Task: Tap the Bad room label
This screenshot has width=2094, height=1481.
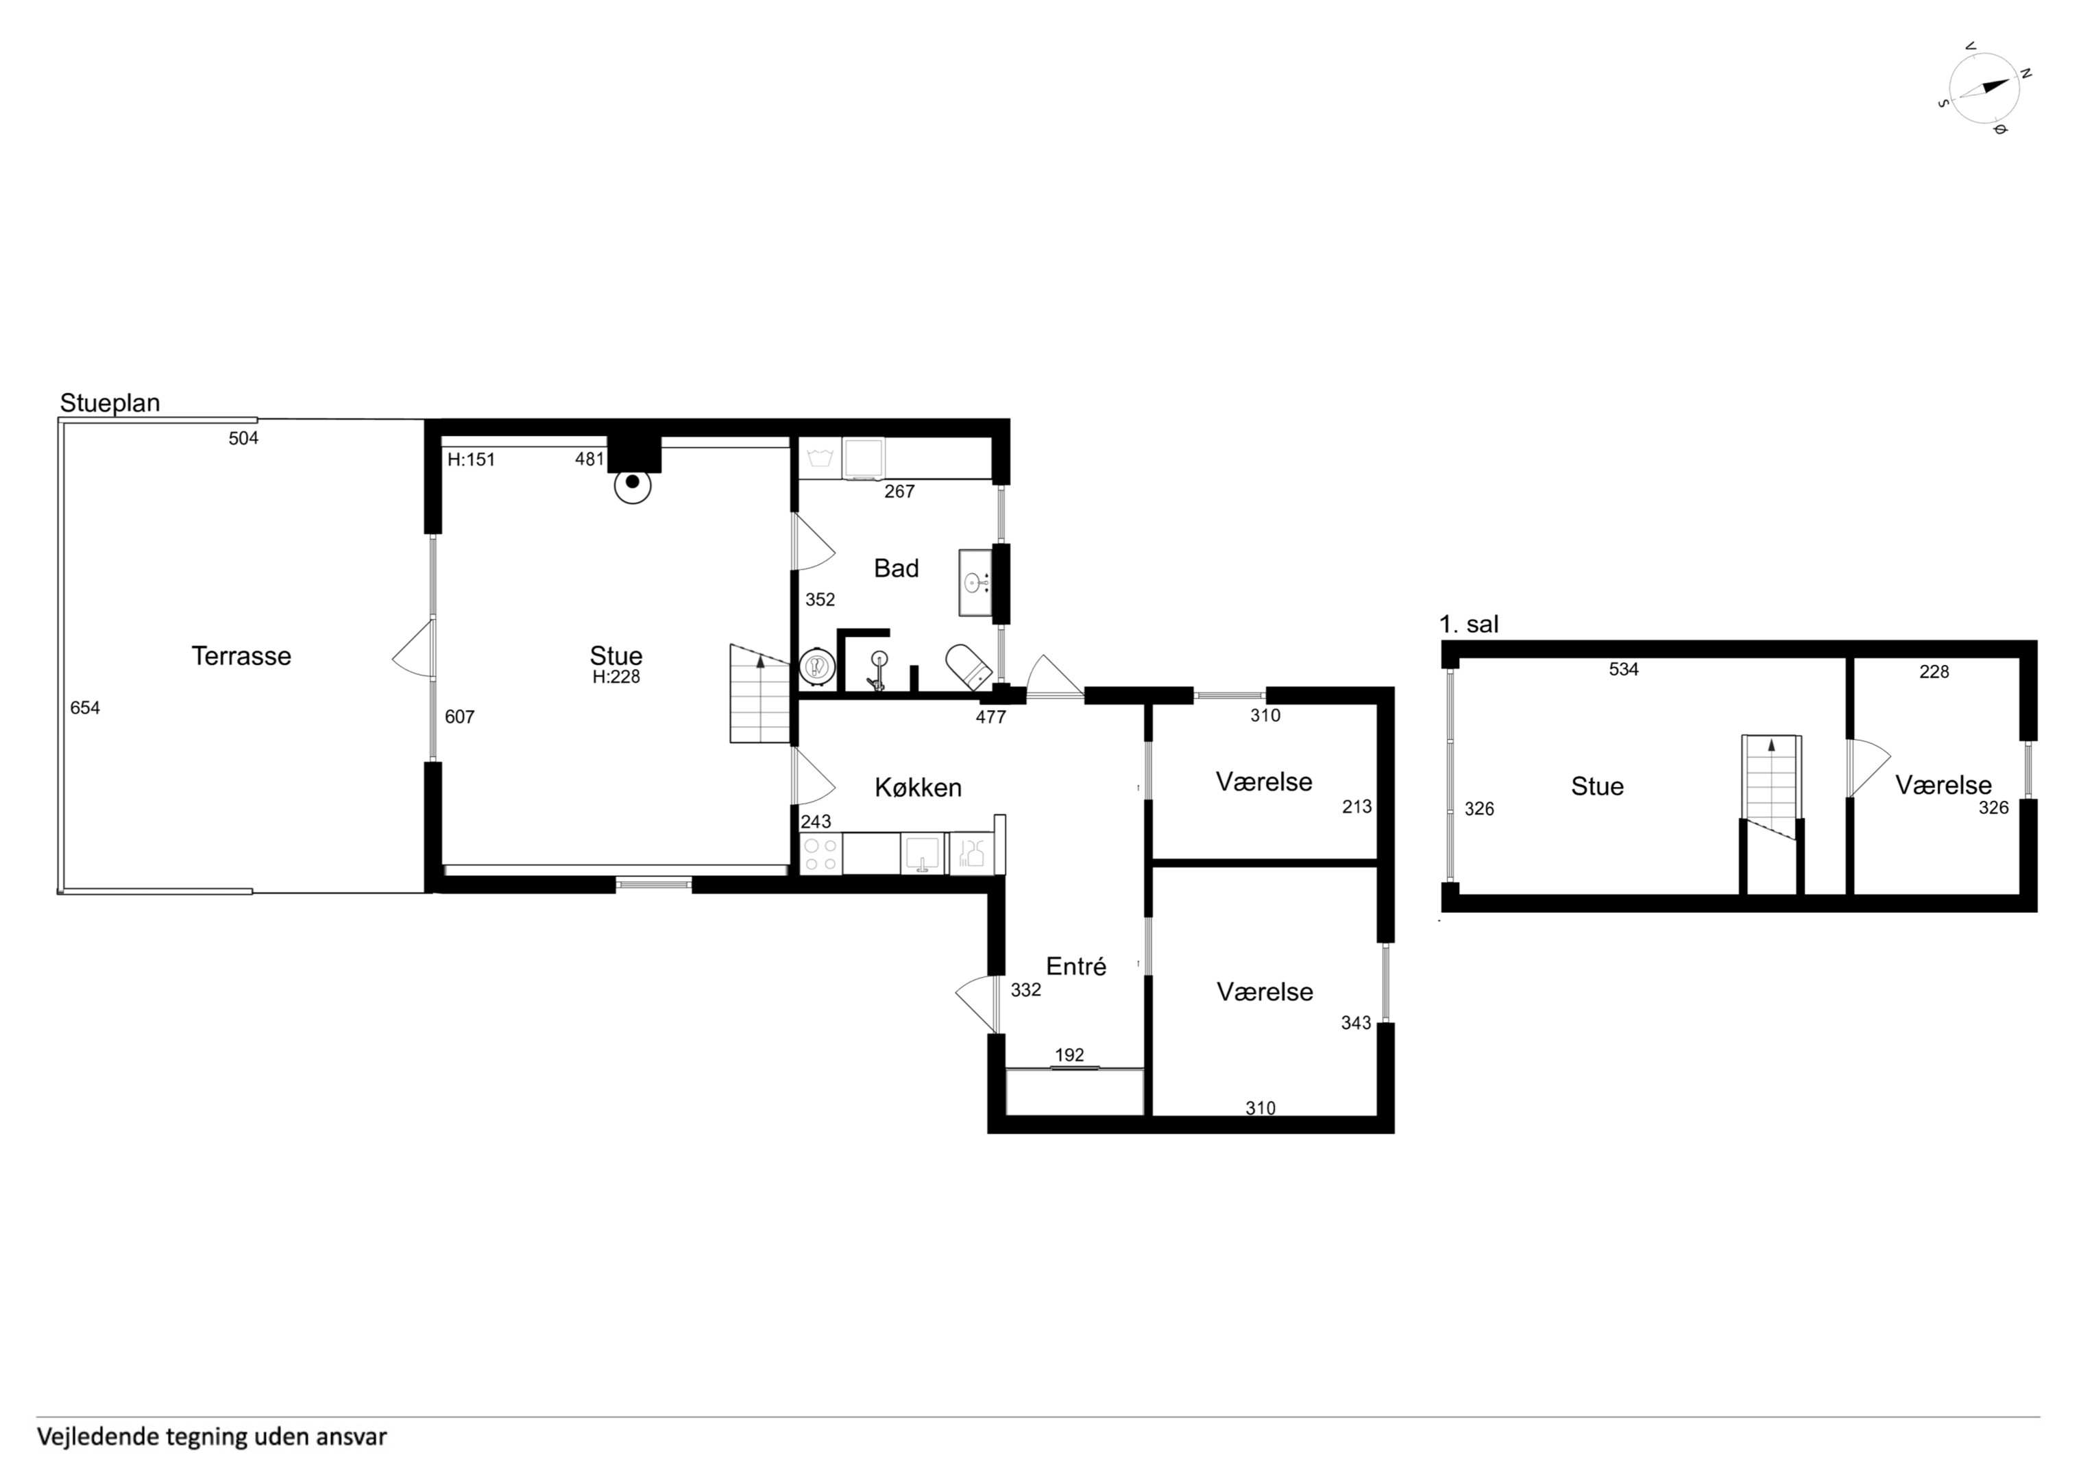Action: click(x=896, y=568)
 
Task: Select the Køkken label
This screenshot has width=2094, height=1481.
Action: click(x=918, y=788)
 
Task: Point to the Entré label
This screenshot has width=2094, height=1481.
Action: click(x=1076, y=965)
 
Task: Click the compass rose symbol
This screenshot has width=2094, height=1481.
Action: click(x=1984, y=88)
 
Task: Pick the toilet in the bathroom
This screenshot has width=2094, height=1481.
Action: click(x=969, y=667)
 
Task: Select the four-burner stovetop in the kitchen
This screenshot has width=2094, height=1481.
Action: click(x=819, y=854)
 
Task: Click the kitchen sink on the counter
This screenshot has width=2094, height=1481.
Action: click(x=924, y=854)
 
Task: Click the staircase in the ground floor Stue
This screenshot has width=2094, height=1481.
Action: click(x=759, y=693)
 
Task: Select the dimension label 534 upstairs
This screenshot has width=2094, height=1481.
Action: click(x=1623, y=669)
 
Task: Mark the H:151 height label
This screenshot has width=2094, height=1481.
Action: click(x=471, y=460)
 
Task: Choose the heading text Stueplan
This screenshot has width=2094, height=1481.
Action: click(x=110, y=402)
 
